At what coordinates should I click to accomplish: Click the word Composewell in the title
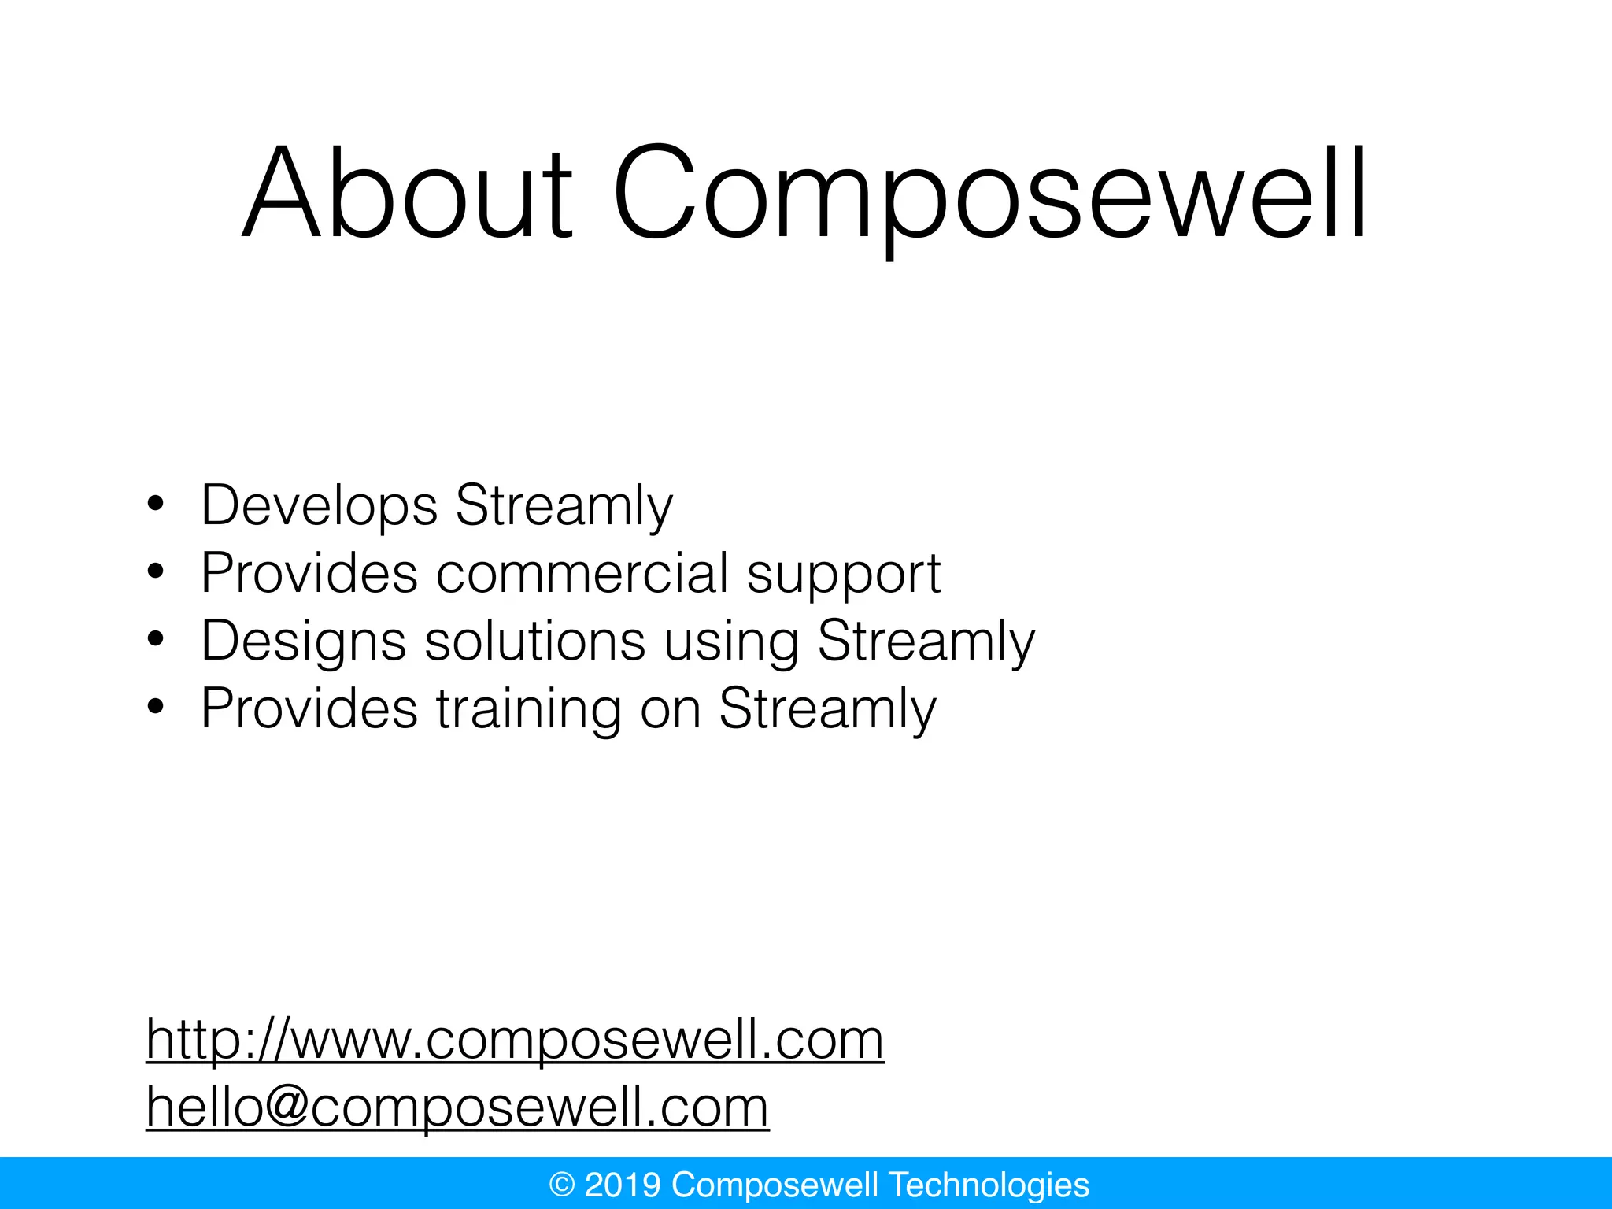pos(990,193)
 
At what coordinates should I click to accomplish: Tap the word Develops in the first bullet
pos(319,505)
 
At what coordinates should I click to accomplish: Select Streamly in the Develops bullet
pos(564,505)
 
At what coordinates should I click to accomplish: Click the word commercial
pos(582,573)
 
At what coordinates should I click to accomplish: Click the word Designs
pos(304,641)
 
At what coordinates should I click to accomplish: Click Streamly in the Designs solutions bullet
pos(926,641)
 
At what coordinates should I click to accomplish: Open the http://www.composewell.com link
pos(516,1041)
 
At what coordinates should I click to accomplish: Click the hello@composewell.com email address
pos(457,1107)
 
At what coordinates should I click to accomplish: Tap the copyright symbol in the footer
pos(562,1185)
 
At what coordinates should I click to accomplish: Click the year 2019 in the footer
pos(623,1185)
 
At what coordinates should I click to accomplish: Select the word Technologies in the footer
pos(989,1185)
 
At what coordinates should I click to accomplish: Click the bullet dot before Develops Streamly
pos(155,505)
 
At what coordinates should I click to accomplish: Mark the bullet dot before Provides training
pos(155,708)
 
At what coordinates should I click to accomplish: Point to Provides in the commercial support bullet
pos(309,573)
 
